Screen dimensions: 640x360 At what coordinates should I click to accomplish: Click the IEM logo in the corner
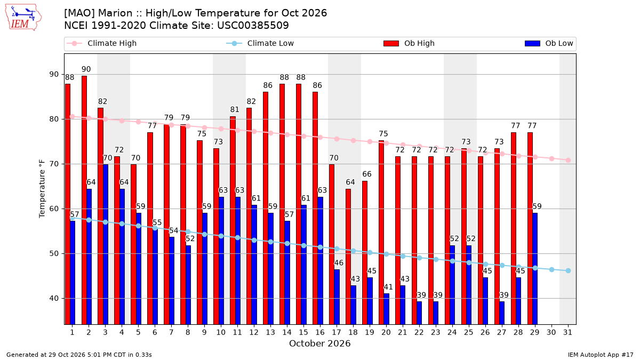(23, 18)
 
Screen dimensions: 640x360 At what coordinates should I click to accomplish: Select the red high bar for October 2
(84, 200)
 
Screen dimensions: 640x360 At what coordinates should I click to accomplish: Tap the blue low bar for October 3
(106, 244)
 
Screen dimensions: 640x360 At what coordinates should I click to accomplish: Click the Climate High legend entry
(102, 43)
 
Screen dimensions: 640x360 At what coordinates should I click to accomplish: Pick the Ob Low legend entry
(549, 43)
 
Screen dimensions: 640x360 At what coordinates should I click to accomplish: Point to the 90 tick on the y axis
(54, 74)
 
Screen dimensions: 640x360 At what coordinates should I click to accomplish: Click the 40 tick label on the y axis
(54, 298)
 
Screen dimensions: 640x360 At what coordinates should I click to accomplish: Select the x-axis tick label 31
(567, 332)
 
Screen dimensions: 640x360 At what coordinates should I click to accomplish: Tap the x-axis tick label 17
(337, 332)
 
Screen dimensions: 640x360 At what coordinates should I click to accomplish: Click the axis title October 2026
(319, 343)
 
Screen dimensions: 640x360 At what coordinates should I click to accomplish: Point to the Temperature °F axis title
(42, 189)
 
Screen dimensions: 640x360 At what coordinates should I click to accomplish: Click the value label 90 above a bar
(86, 69)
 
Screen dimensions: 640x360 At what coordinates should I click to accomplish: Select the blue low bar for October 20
(386, 309)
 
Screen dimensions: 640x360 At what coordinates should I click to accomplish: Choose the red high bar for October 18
(348, 257)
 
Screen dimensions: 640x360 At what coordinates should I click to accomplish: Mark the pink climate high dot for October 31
(568, 161)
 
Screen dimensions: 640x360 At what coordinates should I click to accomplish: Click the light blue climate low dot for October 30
(551, 270)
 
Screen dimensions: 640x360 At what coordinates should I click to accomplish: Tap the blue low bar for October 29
(535, 269)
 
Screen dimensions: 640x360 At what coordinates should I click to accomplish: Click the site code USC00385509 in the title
(253, 26)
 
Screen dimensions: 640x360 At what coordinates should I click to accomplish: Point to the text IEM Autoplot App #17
(601, 355)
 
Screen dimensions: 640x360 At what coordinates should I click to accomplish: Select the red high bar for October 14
(282, 204)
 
